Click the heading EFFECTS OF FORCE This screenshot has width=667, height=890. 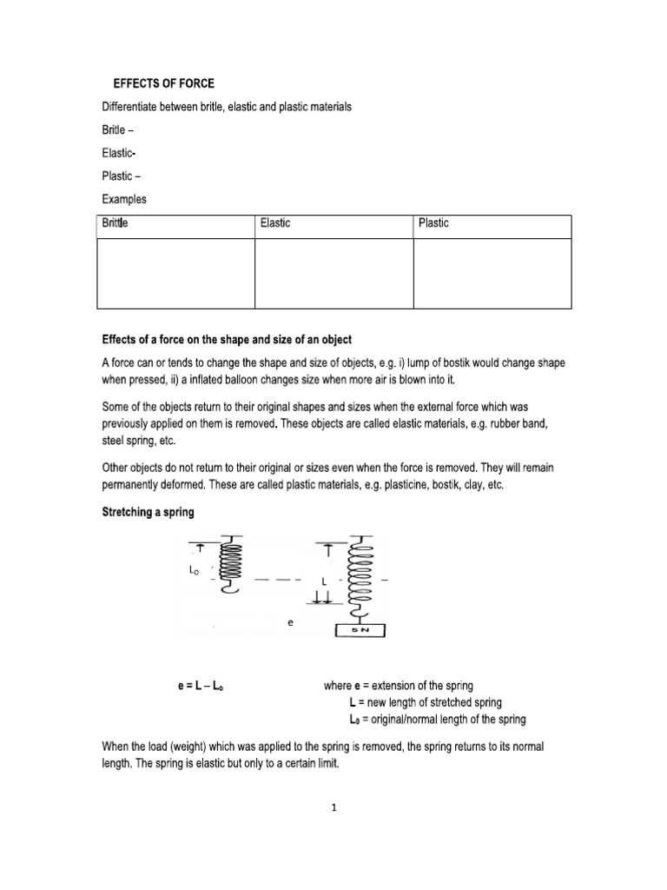163,83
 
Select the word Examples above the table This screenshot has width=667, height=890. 124,199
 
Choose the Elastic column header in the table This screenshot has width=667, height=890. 275,224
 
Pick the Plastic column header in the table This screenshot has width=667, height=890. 433,224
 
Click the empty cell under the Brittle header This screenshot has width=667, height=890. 175,273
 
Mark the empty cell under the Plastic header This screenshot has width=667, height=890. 492,273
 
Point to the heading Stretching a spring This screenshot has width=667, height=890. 149,513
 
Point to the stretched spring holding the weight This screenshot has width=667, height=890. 360,578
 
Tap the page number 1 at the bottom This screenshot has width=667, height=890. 333,806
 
